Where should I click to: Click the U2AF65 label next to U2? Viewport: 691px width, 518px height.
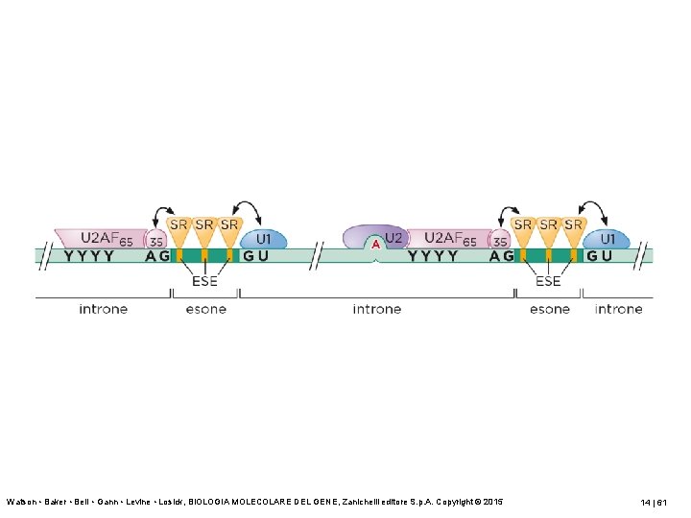click(x=449, y=238)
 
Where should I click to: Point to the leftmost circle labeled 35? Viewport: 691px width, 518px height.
click(x=156, y=241)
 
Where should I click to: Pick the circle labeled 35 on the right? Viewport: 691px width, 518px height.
click(x=499, y=241)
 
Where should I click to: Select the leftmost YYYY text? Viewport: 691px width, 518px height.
click(x=90, y=256)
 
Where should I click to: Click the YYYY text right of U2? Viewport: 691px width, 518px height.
click(x=434, y=256)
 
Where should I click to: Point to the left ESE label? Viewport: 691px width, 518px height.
click(x=204, y=281)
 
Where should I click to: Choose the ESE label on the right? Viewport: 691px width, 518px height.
click(x=548, y=281)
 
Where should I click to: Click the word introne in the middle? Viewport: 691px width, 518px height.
click(x=376, y=309)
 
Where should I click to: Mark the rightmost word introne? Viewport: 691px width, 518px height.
click(x=618, y=309)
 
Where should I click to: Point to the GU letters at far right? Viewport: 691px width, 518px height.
click(x=600, y=256)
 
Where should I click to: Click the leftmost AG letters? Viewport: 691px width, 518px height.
click(x=157, y=256)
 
